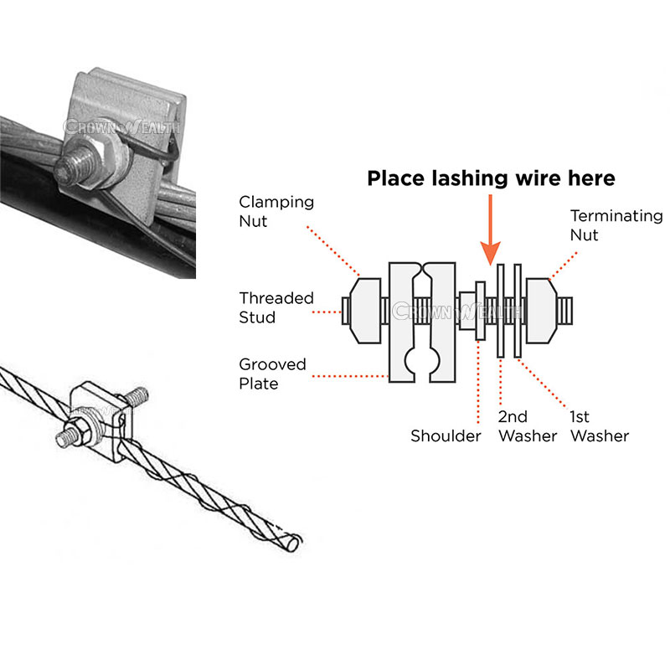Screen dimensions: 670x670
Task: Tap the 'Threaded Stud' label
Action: point(276,307)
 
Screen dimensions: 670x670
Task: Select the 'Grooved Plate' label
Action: point(273,374)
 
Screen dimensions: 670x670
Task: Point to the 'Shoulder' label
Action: point(446,436)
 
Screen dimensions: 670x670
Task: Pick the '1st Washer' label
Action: point(599,426)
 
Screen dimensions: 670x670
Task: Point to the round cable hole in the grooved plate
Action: point(423,362)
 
